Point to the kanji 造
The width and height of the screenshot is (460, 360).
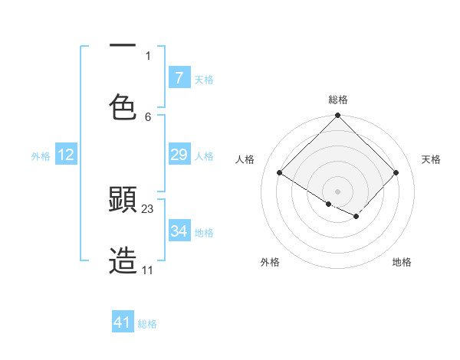[123, 260]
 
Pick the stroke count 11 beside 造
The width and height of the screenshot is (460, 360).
[148, 270]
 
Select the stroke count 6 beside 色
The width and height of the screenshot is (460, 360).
[148, 116]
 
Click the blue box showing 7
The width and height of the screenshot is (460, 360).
[179, 77]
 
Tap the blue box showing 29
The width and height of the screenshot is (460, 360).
[179, 155]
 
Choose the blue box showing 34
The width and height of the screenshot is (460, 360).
[179, 231]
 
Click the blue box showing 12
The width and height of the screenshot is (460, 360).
[65, 155]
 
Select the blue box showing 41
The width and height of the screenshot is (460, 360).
[123, 322]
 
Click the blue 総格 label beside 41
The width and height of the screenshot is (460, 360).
[147, 324]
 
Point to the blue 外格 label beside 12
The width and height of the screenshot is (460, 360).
[41, 156]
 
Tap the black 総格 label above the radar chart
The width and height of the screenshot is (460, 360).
[338, 100]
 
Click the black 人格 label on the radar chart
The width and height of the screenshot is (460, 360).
[245, 159]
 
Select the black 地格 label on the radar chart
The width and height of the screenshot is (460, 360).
[402, 262]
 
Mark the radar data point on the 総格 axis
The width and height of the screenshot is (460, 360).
[338, 116]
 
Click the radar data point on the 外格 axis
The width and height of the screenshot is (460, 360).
[329, 204]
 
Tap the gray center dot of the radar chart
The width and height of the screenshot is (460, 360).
[338, 191]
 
